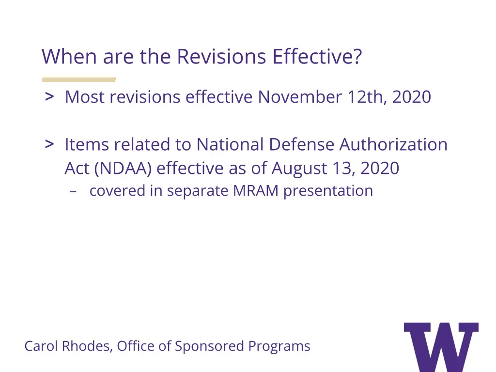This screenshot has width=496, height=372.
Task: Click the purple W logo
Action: pyautogui.click(x=441, y=346)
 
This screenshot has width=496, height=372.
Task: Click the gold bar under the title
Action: pyautogui.click(x=79, y=79)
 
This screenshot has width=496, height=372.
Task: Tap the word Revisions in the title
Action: pyautogui.click(x=221, y=57)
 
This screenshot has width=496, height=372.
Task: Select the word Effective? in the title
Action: pyautogui.click(x=317, y=57)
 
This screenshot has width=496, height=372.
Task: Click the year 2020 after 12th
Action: pyautogui.click(x=412, y=97)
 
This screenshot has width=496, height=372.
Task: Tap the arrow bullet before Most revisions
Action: pyautogui.click(x=49, y=96)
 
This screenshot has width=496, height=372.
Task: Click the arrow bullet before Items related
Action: pyautogui.click(x=49, y=144)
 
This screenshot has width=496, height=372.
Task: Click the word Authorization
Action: pyautogui.click(x=393, y=144)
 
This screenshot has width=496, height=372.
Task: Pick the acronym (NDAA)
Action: pyautogui.click(x=124, y=168)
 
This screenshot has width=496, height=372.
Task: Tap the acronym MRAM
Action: pyautogui.click(x=256, y=191)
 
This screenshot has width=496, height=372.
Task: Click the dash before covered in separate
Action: pyautogui.click(x=74, y=191)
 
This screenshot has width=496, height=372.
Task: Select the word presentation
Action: pyautogui.click(x=328, y=191)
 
